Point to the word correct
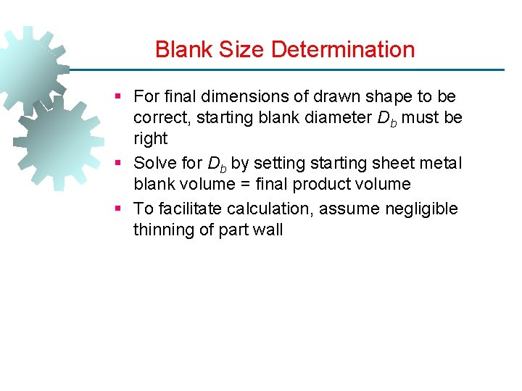click(159, 117)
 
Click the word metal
click(441, 163)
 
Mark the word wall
click(268, 230)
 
